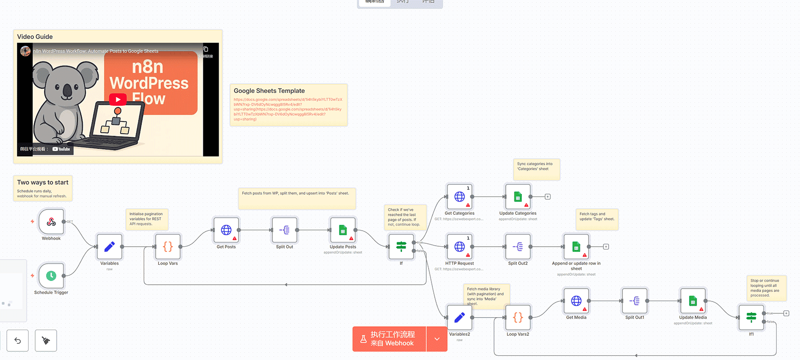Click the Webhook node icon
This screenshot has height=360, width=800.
(51, 222)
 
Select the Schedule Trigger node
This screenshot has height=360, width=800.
(51, 276)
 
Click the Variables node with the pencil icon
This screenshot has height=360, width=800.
(109, 247)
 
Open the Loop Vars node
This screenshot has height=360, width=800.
(168, 247)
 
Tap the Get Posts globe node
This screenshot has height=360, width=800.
(226, 230)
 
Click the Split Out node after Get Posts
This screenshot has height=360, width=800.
(284, 230)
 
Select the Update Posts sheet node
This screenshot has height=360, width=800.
(343, 230)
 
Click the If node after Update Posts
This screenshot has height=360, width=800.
(401, 247)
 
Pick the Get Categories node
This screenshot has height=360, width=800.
(460, 197)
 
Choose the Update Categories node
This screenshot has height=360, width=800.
(518, 197)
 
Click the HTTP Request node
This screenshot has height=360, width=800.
(460, 247)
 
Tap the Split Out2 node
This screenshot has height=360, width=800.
(518, 247)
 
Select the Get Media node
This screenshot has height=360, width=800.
(576, 301)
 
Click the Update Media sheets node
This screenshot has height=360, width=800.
(693, 301)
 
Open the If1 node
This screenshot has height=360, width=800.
(751, 317)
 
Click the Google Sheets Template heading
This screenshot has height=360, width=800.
(269, 91)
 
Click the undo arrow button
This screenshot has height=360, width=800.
(18, 340)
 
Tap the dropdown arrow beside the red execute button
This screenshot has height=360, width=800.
(437, 339)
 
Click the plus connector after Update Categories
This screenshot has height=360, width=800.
(548, 197)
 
